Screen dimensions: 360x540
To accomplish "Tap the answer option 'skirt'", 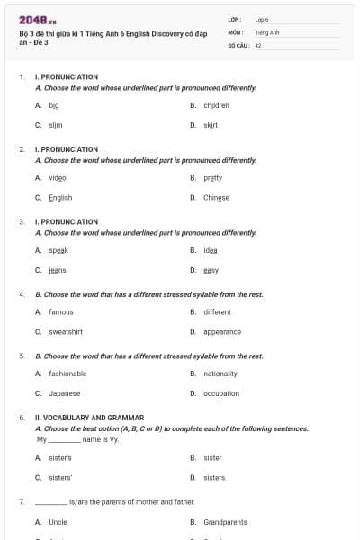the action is pyautogui.click(x=211, y=125).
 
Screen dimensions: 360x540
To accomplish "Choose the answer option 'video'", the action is pyautogui.click(x=58, y=177).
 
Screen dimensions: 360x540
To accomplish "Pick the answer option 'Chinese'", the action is pyautogui.click(x=216, y=197).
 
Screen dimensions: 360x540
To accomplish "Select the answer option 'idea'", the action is pyautogui.click(x=211, y=249).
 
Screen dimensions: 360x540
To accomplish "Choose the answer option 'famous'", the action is pyautogui.click(x=61, y=311).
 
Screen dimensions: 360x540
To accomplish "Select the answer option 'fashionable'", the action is pyautogui.click(x=67, y=373).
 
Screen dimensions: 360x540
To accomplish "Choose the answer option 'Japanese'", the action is pyautogui.click(x=64, y=393).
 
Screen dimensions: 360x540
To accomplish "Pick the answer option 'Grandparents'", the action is pyautogui.click(x=225, y=522).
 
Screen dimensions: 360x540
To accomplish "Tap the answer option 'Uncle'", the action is pyautogui.click(x=58, y=522).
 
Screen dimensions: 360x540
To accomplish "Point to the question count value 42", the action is pyautogui.click(x=258, y=43).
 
